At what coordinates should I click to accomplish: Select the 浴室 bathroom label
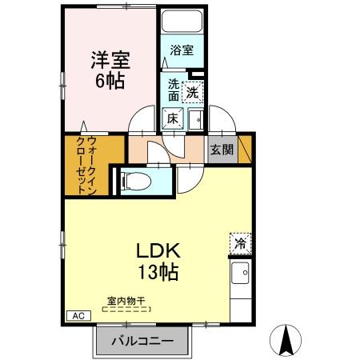181,50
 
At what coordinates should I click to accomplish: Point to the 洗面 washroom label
174,90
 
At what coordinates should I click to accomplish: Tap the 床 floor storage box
173,118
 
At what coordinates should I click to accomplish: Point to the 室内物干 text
126,301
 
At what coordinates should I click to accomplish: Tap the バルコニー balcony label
147,341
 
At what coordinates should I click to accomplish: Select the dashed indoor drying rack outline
126,308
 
